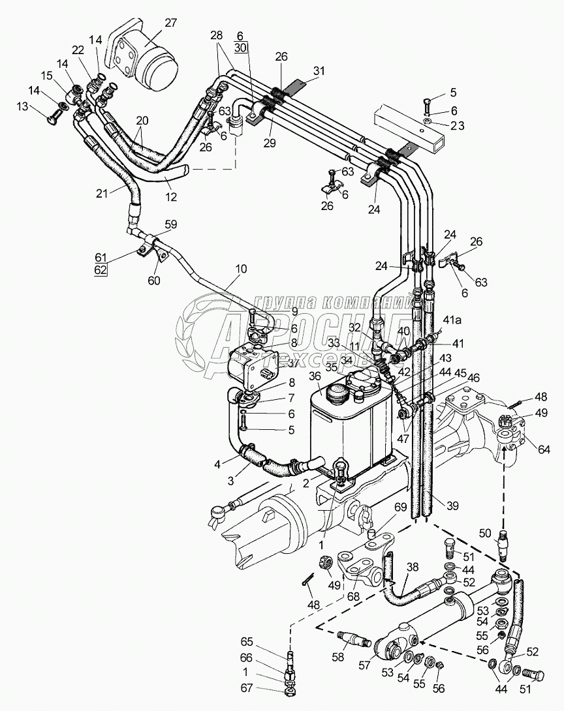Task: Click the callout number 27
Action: point(170,23)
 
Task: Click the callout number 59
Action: point(171,225)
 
